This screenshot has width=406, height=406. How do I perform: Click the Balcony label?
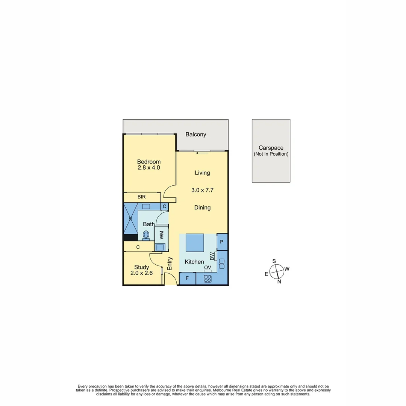coord(195,135)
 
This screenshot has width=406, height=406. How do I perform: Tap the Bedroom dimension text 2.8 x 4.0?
coord(148,168)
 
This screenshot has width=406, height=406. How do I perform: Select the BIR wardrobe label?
coord(142,197)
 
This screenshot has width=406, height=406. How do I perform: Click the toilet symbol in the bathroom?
coord(146,235)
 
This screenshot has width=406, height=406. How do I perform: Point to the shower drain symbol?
coord(131,218)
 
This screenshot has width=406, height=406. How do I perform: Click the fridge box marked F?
coord(187,279)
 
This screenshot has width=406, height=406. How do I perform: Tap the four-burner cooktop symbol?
coord(208,279)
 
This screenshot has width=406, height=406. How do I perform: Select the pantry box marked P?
coord(222,242)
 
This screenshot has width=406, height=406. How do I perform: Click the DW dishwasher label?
coord(212,256)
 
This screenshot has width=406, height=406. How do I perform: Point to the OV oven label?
coord(208,268)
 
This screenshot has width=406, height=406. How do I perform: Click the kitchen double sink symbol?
coord(221,264)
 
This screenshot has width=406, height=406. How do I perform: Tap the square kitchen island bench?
coord(195,243)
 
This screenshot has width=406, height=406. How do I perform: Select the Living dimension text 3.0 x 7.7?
coord(202,190)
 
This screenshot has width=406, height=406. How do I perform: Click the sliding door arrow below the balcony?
coord(201,153)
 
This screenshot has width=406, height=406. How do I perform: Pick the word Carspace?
coord(271,148)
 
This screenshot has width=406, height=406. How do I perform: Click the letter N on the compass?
coord(279,282)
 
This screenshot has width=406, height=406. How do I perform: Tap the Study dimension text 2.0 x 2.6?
coord(141,273)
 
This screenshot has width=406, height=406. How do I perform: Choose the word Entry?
coord(170,264)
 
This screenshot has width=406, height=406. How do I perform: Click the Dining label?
coord(202,208)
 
